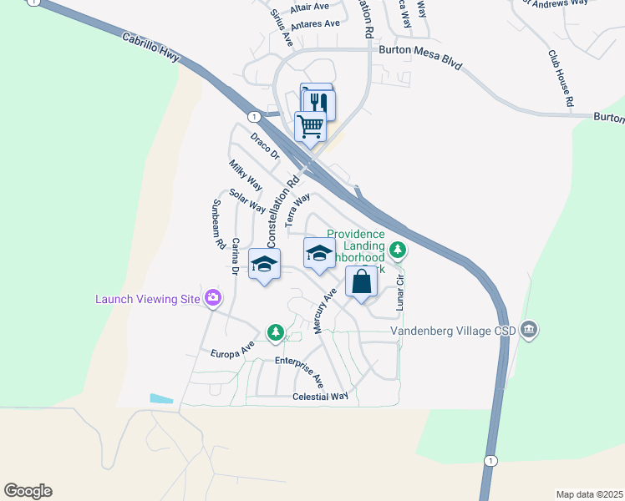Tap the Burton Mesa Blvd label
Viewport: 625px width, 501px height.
click(x=414, y=50)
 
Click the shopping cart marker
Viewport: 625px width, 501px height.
click(x=310, y=126)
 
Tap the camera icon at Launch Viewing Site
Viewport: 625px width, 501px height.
click(x=214, y=297)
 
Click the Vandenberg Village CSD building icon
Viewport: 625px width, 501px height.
click(x=528, y=330)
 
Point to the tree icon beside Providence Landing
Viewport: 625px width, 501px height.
click(x=399, y=248)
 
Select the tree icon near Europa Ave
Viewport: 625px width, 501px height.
click(x=275, y=332)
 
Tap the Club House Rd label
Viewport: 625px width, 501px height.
click(x=561, y=78)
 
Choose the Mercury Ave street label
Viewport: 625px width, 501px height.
click(x=324, y=311)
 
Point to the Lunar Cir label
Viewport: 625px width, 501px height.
click(x=400, y=291)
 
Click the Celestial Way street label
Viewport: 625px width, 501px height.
click(x=321, y=397)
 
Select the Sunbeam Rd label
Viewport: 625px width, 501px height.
click(x=218, y=225)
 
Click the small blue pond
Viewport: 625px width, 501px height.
click(x=161, y=399)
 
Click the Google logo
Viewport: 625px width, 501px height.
click(x=28, y=491)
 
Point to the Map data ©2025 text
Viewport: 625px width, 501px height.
click(x=589, y=494)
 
